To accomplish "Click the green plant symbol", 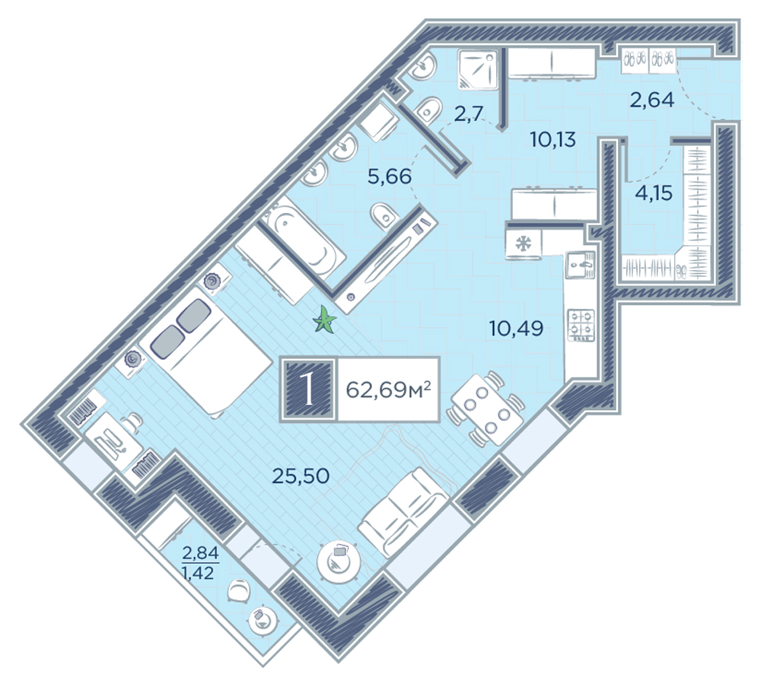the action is (x=324, y=321).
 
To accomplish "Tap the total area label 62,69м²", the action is (x=388, y=389).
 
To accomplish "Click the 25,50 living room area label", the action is (x=301, y=476).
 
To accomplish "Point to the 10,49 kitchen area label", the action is (x=516, y=329).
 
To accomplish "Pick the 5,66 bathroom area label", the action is (x=389, y=177).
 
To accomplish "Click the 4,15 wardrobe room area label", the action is (x=654, y=193).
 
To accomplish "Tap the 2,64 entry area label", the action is (x=652, y=100).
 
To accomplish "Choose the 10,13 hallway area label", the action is (x=552, y=140).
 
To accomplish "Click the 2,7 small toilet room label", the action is (x=469, y=114).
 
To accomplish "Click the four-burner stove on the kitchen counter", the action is (x=581, y=325).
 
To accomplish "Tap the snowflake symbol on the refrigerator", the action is (x=524, y=243).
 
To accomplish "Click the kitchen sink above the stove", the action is (x=581, y=266).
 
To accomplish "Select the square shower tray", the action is (x=478, y=69).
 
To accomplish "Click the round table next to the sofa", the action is (x=339, y=561).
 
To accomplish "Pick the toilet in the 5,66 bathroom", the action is (x=384, y=216).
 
